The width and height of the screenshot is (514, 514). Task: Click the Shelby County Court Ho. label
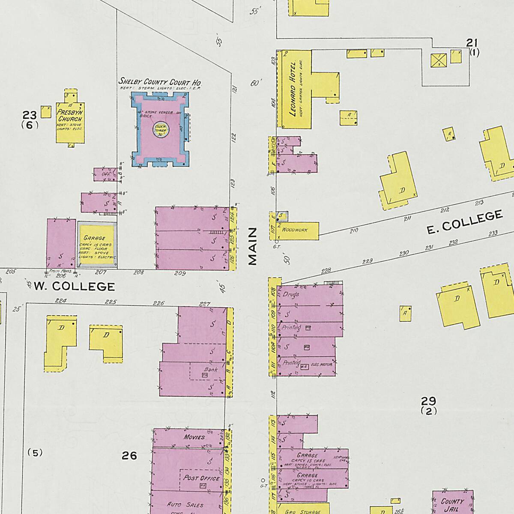click(x=160, y=82)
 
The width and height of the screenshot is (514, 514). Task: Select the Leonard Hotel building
click(x=294, y=89)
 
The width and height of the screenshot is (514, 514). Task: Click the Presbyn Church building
click(x=70, y=120)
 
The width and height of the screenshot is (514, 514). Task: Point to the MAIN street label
click(x=253, y=246)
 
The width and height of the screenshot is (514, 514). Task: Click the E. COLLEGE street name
click(x=464, y=222)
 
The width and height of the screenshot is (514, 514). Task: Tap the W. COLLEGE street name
click(x=75, y=286)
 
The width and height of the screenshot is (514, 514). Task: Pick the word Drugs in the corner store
click(x=291, y=294)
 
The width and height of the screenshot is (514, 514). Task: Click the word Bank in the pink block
click(x=211, y=369)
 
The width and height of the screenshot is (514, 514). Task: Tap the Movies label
click(x=194, y=437)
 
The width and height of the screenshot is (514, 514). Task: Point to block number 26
click(x=129, y=456)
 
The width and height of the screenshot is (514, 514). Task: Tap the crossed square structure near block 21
click(x=439, y=60)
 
